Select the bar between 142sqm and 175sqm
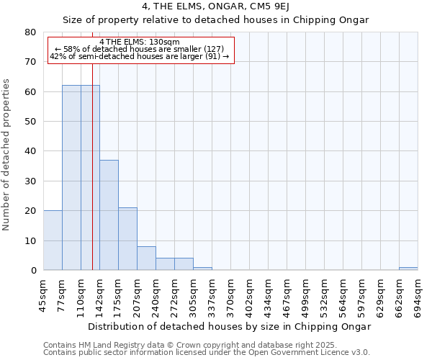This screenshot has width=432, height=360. (109, 215)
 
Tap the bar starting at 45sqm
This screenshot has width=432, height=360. (53, 240)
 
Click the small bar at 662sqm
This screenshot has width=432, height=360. (408, 269)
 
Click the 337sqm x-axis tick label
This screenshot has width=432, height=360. (212, 294)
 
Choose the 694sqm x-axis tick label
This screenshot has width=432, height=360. (418, 294)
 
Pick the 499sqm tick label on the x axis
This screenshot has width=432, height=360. (305, 294)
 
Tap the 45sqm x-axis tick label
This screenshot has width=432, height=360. (43, 294)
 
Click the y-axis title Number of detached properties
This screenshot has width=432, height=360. (8, 165)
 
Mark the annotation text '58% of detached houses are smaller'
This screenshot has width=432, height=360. (140, 49)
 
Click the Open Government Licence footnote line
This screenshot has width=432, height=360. (207, 353)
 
